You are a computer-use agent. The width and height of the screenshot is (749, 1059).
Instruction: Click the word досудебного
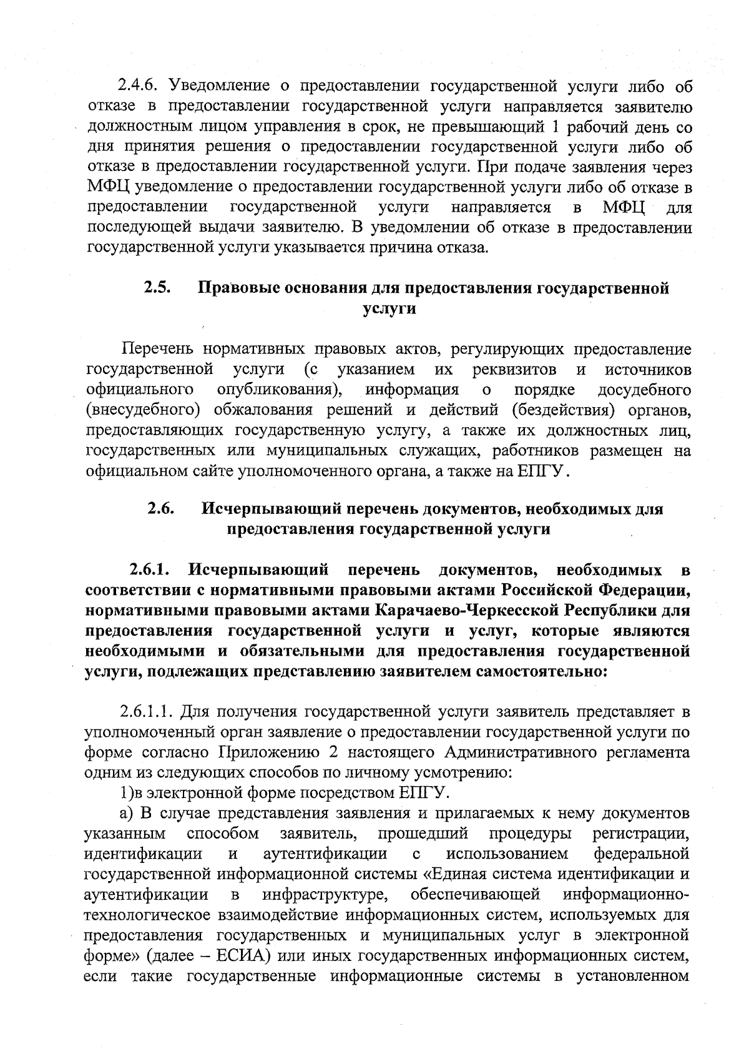click(644, 390)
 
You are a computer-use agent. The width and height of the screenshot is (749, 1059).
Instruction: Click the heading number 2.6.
click(160, 508)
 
